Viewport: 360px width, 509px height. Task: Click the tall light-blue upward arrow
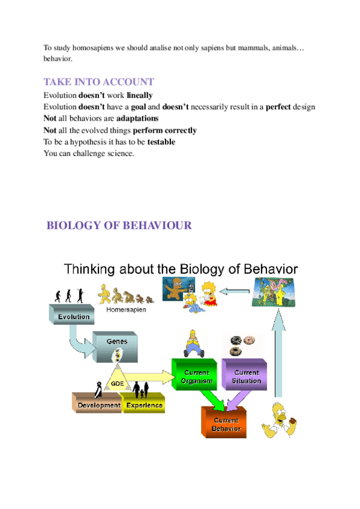277,354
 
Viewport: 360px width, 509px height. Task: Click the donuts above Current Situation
244,345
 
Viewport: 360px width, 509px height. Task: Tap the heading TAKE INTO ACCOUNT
99,82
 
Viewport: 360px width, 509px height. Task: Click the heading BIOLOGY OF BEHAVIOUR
119,226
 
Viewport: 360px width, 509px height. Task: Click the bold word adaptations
137,118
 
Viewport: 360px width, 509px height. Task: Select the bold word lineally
140,95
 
